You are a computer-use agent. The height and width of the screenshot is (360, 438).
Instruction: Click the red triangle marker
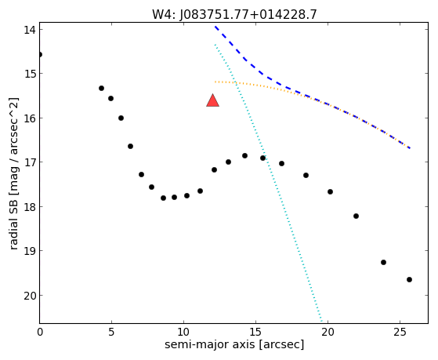coord(212,100)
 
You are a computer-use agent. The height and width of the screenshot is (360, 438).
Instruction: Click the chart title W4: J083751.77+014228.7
coord(234,14)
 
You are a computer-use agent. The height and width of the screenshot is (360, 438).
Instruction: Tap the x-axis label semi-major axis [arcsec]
coord(234,344)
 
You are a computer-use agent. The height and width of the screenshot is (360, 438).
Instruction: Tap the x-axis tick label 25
coord(400,332)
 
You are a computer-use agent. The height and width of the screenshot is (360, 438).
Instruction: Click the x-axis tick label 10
coord(183,332)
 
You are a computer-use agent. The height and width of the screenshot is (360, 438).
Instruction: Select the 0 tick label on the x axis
coord(40,332)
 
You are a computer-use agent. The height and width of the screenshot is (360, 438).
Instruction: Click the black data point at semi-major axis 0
coord(40,55)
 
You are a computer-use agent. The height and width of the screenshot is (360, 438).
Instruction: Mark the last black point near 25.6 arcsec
coord(409,279)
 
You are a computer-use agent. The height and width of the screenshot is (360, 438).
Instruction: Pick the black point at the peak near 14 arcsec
coord(244,155)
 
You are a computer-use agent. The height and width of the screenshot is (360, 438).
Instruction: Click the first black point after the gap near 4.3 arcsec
coord(101,88)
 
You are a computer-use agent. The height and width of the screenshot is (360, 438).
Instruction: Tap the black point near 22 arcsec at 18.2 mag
coord(356,216)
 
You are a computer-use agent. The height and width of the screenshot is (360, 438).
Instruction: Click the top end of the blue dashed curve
coord(215,27)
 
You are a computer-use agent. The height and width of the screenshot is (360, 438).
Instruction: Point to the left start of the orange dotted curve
coord(215,82)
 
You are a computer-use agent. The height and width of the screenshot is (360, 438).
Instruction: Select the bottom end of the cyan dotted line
coord(321,321)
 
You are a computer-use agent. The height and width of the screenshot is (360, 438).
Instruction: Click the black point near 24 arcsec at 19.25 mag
coord(383,262)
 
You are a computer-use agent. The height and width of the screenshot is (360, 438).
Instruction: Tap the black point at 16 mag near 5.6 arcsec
coord(121,118)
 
